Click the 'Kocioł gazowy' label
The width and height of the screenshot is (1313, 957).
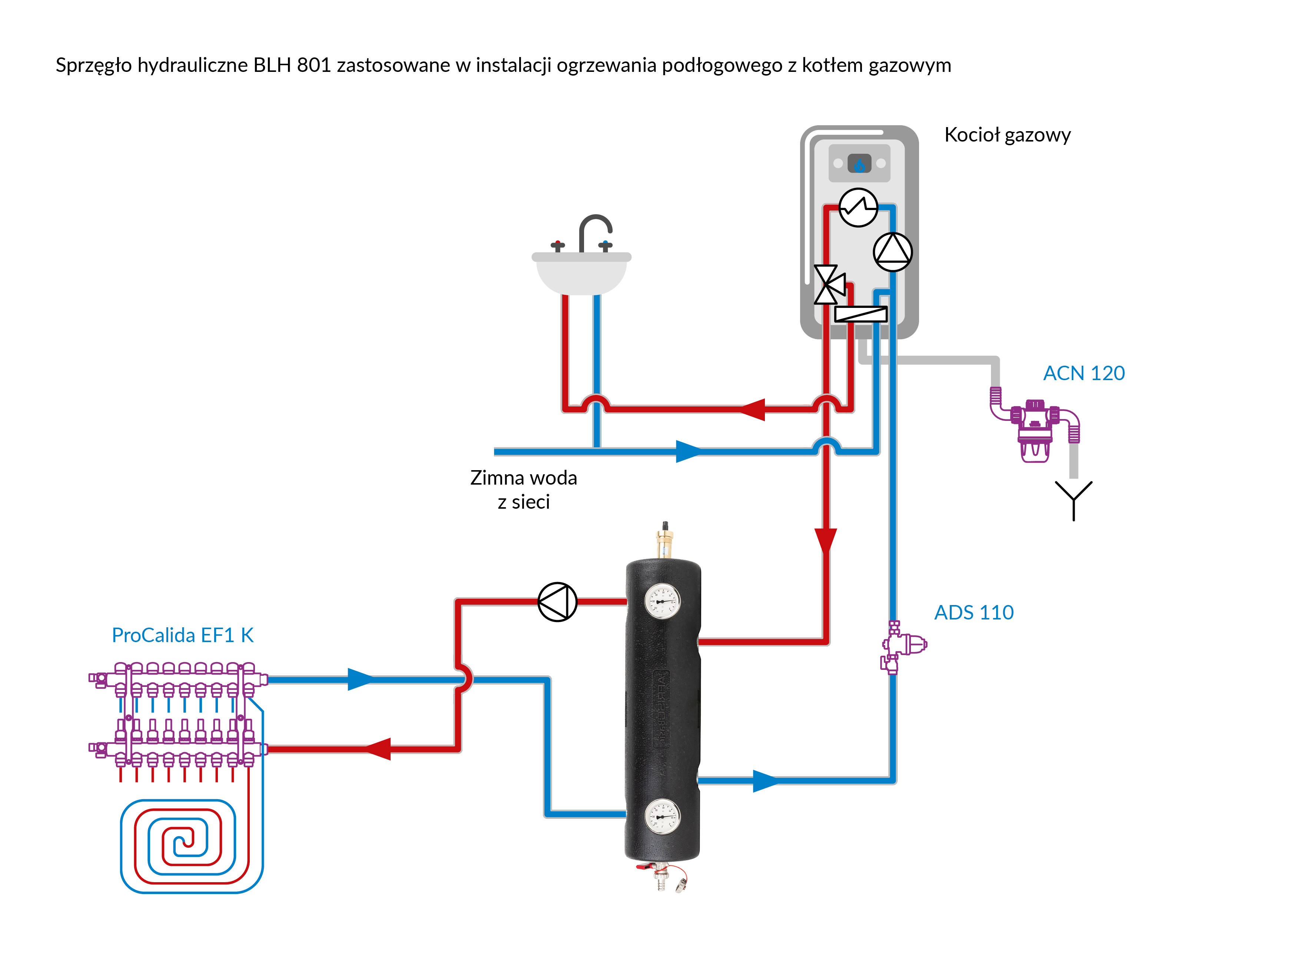[x=1007, y=135]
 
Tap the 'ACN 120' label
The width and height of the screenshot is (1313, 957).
[x=1084, y=373]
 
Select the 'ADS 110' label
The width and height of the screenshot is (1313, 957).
[x=974, y=612]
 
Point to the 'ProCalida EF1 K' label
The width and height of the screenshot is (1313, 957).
[x=183, y=635]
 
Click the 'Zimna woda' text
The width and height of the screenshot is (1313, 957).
[x=523, y=478]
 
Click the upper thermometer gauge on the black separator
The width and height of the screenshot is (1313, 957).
[x=662, y=601]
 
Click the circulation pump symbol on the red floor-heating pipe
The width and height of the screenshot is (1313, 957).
[x=557, y=602]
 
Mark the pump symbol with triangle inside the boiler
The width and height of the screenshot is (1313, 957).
[x=892, y=252]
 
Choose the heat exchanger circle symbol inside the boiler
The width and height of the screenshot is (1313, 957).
[x=858, y=207]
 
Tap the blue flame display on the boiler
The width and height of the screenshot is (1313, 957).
[x=859, y=164]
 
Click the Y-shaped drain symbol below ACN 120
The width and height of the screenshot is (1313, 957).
[x=1073, y=499]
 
